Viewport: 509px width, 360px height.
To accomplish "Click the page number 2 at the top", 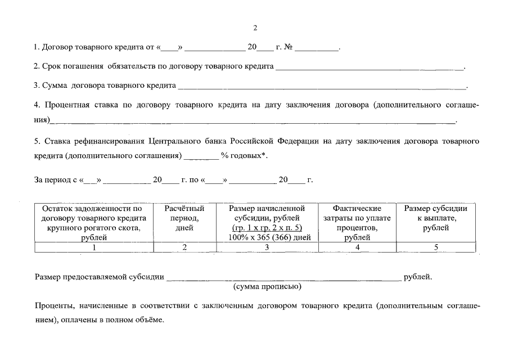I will click(x=255, y=28).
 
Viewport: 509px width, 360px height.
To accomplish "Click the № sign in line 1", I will click(x=287, y=48).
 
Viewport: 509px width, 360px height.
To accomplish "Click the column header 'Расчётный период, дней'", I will click(x=184, y=218).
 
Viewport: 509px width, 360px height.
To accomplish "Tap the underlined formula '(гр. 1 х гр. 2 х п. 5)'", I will click(x=267, y=228).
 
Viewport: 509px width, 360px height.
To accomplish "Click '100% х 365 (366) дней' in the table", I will click(x=267, y=237).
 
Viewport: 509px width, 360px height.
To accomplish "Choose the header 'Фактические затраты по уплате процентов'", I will click(x=357, y=223).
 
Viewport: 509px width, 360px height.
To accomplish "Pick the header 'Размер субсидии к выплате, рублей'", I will click(x=435, y=218).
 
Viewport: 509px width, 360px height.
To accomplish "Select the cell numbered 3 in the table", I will click(x=267, y=246).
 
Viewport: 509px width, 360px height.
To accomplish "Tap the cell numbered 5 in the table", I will click(x=435, y=246).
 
